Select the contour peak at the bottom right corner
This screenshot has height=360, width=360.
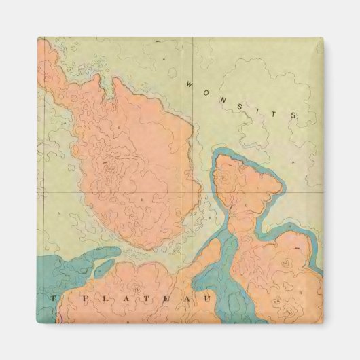click(291, 312)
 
